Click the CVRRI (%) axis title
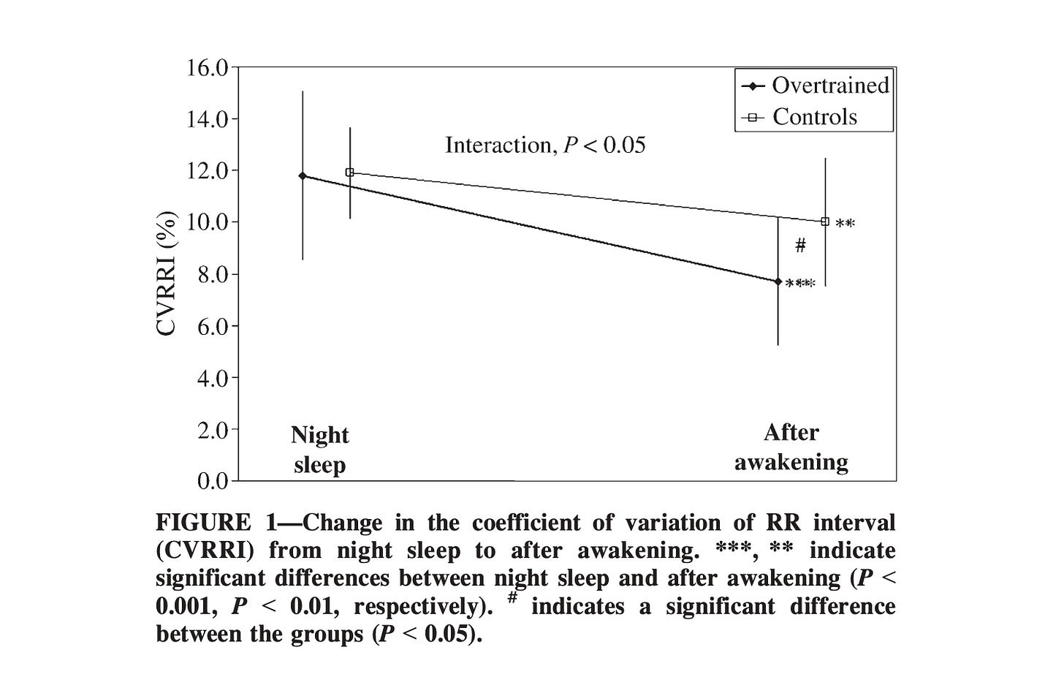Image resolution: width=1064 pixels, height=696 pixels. pyautogui.click(x=167, y=273)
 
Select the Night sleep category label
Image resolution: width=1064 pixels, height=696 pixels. pyautogui.click(x=319, y=450)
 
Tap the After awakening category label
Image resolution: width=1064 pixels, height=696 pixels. pyautogui.click(x=791, y=447)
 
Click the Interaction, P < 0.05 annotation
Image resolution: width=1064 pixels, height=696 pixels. pyautogui.click(x=545, y=145)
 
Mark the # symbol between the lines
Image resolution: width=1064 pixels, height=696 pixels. pyautogui.click(x=800, y=246)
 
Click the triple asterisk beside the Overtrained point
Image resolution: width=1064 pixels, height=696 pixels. pyautogui.click(x=800, y=284)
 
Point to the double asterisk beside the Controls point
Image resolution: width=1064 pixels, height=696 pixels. pyautogui.click(x=845, y=224)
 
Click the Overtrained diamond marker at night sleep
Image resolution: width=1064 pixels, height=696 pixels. pyautogui.click(x=303, y=175)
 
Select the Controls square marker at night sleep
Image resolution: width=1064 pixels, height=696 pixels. pyautogui.click(x=349, y=173)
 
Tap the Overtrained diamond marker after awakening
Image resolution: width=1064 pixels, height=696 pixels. pyautogui.click(x=778, y=281)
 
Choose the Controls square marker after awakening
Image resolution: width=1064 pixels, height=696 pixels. pyautogui.click(x=825, y=222)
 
